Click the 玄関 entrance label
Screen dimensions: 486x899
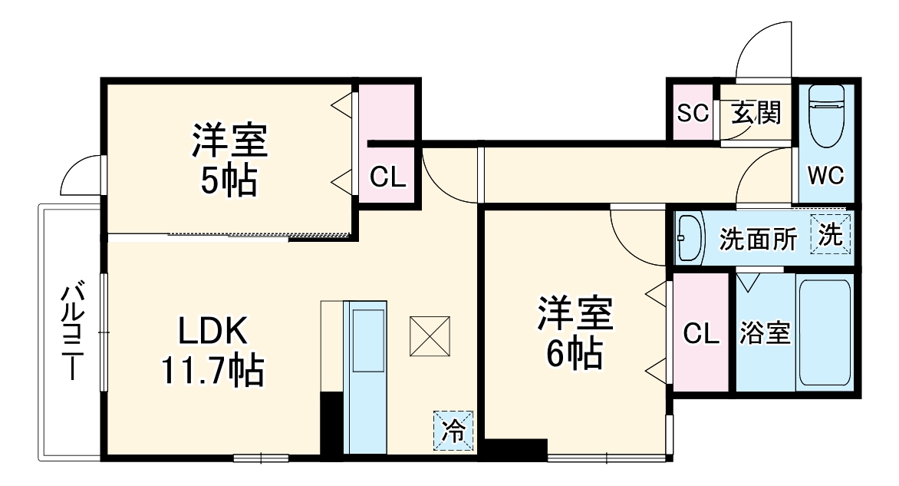[x=756, y=113]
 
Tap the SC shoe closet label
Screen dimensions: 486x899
[x=692, y=113]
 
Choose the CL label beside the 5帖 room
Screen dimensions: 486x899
[x=387, y=177]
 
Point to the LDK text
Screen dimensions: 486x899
[x=212, y=332]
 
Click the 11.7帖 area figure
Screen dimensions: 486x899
[x=212, y=372]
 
